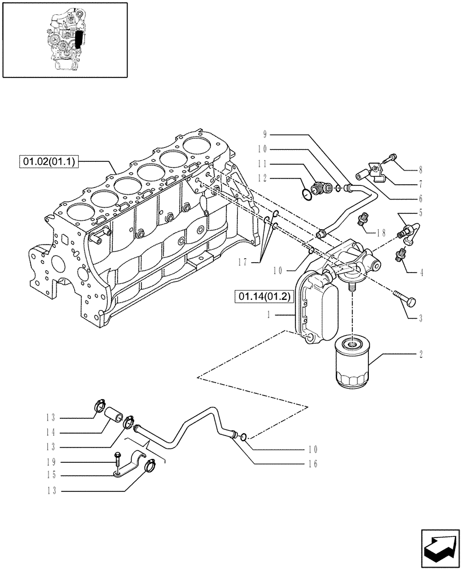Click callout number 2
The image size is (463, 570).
click(421, 355)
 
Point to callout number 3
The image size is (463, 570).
click(421, 319)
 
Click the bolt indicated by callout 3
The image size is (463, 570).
click(404, 297)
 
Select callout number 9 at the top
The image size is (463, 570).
click(265, 135)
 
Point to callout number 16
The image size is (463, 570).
click(312, 465)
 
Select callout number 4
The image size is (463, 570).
click(421, 273)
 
